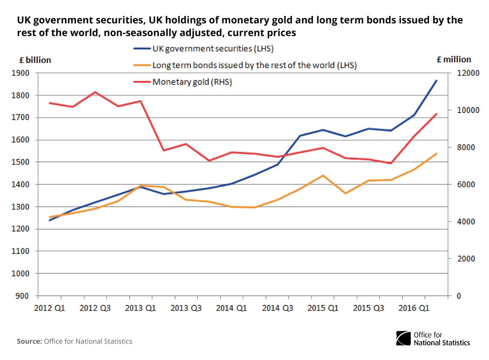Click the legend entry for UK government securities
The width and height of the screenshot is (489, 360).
click(212, 49)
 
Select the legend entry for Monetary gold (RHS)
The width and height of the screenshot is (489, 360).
click(192, 82)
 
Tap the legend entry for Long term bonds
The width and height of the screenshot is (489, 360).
click(254, 65)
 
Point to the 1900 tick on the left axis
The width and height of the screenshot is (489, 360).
click(24, 73)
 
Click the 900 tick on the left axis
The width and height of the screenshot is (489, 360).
click(26, 296)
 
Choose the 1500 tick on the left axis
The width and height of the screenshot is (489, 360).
click(24, 162)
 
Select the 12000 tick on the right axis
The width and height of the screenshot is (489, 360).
click(460, 73)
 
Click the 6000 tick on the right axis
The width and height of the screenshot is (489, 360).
click(459, 185)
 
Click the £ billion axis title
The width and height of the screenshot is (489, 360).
click(35, 60)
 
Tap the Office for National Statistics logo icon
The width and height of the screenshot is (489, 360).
click(403, 338)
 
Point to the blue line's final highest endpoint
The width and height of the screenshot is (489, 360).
click(436, 80)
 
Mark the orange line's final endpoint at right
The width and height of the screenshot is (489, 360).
click(436, 154)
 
